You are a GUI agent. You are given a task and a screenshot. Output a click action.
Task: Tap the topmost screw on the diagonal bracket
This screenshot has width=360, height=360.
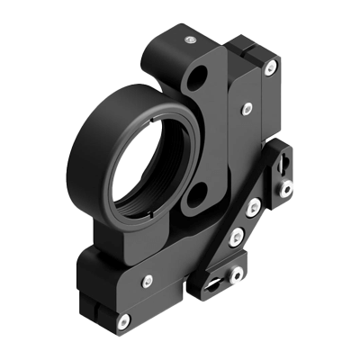click(x=285, y=189)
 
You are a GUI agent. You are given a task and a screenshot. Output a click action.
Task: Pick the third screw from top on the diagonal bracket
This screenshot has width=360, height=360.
click(x=236, y=238)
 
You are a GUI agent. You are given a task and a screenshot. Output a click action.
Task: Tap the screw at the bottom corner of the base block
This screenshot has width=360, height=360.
click(x=121, y=319)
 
